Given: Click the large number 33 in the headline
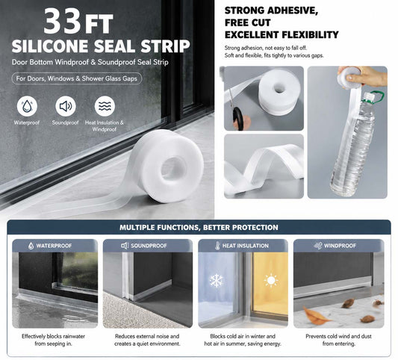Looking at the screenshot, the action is pos(63,22).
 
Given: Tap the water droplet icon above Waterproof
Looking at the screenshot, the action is pos(27,106).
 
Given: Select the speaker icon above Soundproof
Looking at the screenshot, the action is pos(66,106).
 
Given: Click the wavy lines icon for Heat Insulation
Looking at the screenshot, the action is pos(105,106).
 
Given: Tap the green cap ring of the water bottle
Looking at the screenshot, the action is pos(375,96).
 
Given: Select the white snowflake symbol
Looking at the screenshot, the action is pos(217,281).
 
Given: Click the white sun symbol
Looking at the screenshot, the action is pos(271,281).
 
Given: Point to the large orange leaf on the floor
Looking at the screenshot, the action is pos(315,316).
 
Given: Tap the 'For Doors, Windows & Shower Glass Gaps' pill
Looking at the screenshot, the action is pos(77,78).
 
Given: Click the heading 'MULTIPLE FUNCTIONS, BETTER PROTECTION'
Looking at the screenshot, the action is pos(199,227).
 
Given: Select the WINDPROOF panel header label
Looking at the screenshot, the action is pos(340,246).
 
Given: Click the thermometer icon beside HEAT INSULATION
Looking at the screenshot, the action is pos(217,246).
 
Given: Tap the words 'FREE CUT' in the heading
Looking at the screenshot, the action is pos(247,22).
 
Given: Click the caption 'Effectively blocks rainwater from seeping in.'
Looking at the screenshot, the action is pos(53,340).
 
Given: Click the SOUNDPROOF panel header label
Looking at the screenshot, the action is pos(149,246).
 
